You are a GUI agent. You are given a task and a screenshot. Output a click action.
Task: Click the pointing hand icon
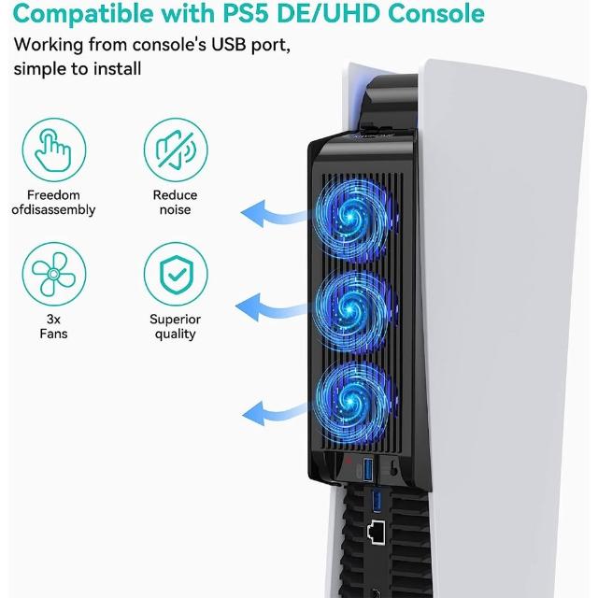click(53, 150)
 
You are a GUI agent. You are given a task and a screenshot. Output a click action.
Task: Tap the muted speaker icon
click(176, 150)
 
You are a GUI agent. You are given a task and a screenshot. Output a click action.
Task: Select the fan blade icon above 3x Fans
click(54, 274)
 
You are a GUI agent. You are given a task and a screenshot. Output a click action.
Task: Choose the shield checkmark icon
click(176, 274)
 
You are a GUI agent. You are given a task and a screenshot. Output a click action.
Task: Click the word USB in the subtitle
click(228, 45)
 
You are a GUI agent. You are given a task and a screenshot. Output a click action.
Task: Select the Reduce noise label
click(175, 202)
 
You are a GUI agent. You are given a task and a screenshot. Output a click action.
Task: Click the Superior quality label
click(175, 326)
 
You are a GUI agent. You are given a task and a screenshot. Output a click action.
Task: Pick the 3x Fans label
click(54, 326)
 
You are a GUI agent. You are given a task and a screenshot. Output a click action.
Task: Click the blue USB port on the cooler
click(368, 469)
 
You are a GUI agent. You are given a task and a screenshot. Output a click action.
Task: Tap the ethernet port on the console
click(376, 532)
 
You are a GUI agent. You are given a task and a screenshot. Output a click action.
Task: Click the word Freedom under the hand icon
click(53, 195)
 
